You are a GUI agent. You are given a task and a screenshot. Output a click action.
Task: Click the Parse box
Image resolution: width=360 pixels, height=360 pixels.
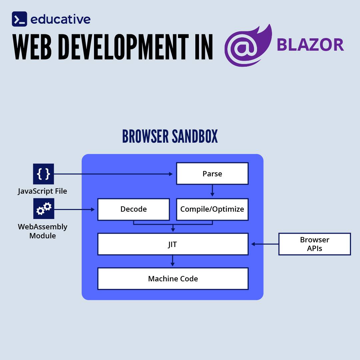(212, 173)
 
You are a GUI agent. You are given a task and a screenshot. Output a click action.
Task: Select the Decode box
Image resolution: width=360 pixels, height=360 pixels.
(133, 209)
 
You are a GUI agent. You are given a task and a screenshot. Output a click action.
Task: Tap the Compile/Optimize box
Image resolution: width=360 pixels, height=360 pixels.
(212, 209)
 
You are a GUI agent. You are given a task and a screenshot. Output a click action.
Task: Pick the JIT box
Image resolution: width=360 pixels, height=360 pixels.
(173, 244)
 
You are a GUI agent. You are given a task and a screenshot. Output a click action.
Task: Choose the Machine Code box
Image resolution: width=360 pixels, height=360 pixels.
(173, 279)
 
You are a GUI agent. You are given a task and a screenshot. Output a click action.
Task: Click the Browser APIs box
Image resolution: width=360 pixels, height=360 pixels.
(314, 244)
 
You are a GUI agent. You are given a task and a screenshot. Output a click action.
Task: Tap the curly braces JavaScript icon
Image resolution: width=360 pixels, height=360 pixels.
(43, 174)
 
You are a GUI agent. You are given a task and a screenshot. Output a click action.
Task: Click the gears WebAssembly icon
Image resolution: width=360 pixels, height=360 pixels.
(43, 209)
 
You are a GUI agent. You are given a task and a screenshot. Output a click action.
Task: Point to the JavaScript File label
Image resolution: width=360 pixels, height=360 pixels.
(42, 191)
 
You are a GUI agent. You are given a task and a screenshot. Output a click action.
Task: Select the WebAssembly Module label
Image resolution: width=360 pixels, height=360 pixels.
(42, 231)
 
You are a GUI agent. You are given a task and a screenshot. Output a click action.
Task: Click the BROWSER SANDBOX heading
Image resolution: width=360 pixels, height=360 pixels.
(170, 136)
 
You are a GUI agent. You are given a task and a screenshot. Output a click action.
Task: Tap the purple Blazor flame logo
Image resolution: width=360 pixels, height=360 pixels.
(247, 45)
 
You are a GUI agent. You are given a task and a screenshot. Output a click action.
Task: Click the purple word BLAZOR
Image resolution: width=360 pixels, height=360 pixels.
(310, 45)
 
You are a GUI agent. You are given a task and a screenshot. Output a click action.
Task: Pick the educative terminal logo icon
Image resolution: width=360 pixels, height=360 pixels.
(19, 19)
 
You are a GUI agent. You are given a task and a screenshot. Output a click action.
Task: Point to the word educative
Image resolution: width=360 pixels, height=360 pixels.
(60, 19)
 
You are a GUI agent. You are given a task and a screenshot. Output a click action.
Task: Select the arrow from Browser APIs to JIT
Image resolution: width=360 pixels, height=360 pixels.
(265, 244)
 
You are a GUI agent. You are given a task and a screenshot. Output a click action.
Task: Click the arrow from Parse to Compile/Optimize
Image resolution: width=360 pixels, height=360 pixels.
(212, 191)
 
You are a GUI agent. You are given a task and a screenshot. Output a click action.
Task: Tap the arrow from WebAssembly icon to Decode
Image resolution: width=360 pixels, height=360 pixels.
(75, 209)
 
